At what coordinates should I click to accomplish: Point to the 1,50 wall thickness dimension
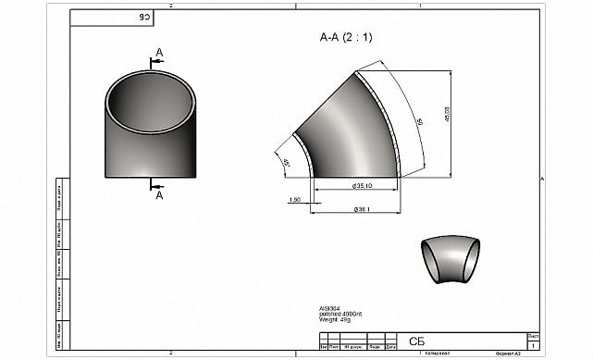(x=295, y=199)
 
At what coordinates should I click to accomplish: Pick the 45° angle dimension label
(x=287, y=163)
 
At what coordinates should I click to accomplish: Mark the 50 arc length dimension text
(x=418, y=122)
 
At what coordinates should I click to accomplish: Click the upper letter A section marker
(x=159, y=52)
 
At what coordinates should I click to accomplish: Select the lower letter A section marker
(x=159, y=195)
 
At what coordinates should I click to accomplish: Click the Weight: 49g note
(x=332, y=321)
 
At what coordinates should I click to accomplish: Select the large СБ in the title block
(x=415, y=341)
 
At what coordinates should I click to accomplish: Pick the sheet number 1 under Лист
(x=534, y=344)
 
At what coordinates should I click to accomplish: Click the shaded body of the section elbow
(x=356, y=130)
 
